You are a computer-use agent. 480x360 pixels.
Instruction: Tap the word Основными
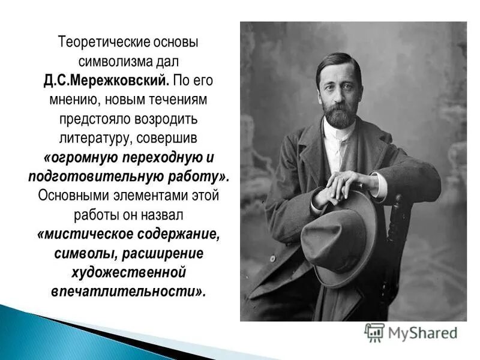point(73,196)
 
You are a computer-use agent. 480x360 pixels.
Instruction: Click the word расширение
point(171,254)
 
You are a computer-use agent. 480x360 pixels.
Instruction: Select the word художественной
point(129,273)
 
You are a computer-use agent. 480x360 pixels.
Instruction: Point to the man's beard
point(339,113)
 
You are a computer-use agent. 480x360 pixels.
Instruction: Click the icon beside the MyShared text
point(374,332)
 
